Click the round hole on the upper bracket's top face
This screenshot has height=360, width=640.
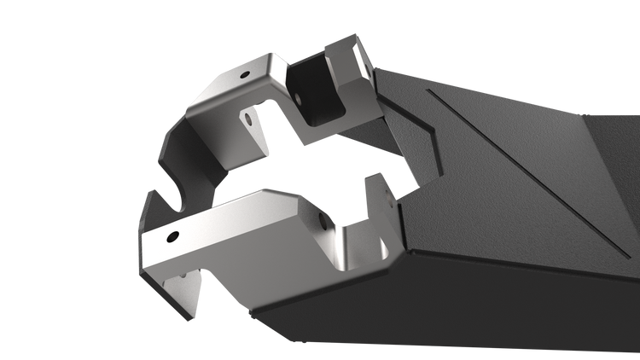tap(245, 75)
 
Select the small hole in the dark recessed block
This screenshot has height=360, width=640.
tap(300, 97)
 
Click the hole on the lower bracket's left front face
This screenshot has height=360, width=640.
tap(172, 235)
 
